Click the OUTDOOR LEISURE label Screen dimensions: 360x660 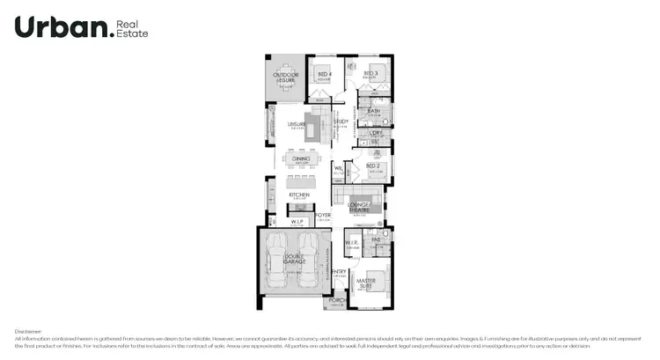(x=286, y=77)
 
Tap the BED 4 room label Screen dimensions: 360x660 (x=324, y=73)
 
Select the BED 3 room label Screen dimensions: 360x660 (x=370, y=73)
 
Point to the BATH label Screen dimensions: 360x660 (x=373, y=111)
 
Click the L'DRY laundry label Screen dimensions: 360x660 (x=375, y=133)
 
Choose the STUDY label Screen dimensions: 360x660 (x=341, y=121)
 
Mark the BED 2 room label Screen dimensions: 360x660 (x=373, y=165)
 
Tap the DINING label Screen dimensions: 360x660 (x=301, y=159)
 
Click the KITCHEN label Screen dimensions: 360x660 (x=299, y=195)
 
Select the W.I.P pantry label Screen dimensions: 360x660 (x=297, y=222)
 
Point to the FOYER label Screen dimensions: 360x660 (x=323, y=215)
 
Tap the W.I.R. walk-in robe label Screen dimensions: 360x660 (x=351, y=243)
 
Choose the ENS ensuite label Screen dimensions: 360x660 (x=375, y=239)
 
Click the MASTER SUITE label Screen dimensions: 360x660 (x=364, y=283)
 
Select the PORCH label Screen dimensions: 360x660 (x=336, y=300)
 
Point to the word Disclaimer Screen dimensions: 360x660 (x=28, y=332)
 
